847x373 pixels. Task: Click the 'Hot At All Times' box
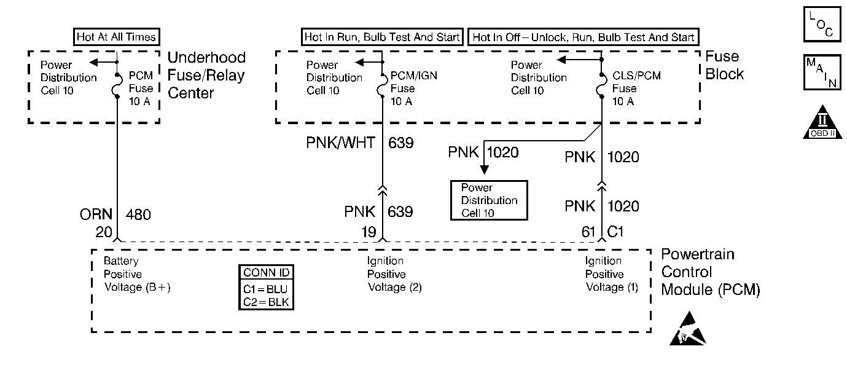coord(117,37)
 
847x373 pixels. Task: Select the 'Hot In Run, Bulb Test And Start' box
coord(382,37)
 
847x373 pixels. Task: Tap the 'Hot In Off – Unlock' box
coord(584,37)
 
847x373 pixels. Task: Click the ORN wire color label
coord(96,214)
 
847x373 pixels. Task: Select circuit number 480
coord(138,214)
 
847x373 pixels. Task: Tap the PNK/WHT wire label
coord(340,143)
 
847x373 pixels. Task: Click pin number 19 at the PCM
coord(369,232)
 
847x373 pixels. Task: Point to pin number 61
coord(588,232)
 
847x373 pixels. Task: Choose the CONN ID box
coord(266,287)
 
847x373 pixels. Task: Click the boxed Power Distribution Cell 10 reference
coord(489,200)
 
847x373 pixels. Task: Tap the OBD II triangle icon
coord(822,122)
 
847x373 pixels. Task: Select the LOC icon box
coord(822,24)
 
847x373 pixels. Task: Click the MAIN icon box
coord(822,73)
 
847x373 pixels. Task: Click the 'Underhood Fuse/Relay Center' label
coord(206,76)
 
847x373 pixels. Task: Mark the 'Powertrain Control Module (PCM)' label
coord(711,272)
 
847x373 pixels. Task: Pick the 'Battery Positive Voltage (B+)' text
coord(137,274)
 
